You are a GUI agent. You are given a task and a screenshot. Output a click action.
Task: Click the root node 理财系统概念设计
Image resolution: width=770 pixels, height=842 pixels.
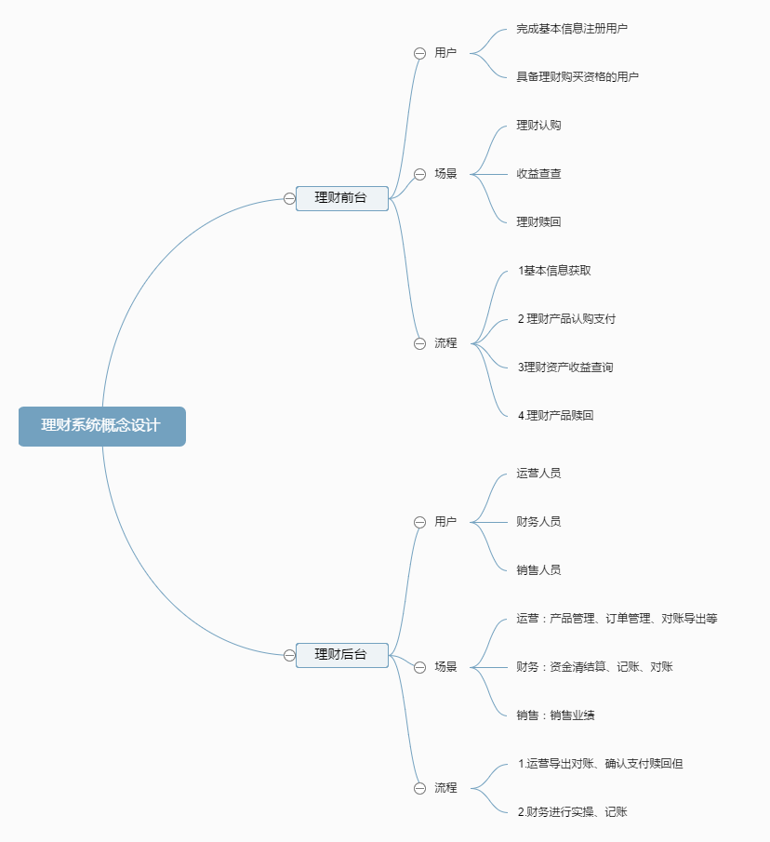click(101, 426)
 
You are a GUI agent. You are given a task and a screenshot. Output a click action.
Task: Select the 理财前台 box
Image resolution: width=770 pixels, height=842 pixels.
click(341, 198)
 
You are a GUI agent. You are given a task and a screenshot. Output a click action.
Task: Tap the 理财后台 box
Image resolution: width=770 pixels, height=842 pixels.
click(341, 655)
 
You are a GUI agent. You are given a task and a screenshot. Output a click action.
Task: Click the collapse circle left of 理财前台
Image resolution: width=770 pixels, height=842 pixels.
click(289, 198)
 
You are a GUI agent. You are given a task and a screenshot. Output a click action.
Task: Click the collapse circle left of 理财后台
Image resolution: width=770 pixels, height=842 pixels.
click(289, 655)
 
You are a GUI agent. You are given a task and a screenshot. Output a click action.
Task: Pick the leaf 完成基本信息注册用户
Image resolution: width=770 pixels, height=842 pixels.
click(572, 29)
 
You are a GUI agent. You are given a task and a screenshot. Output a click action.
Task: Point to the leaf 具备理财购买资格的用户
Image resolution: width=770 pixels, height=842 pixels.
click(577, 77)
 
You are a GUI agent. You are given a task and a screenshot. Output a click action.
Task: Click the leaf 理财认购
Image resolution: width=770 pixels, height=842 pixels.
click(538, 126)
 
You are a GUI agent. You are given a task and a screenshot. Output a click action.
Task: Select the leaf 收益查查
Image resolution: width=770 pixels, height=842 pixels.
click(538, 174)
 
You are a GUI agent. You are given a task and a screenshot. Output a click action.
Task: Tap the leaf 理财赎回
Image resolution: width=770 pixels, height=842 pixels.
click(538, 222)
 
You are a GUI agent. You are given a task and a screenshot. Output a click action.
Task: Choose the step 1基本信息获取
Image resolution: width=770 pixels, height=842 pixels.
click(554, 271)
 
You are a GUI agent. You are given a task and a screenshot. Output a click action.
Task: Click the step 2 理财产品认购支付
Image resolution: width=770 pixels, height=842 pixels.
click(566, 319)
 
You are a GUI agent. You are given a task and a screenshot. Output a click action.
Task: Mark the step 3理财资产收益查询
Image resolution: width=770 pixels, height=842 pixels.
click(565, 368)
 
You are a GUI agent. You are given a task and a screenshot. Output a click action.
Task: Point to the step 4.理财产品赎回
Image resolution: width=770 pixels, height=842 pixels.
click(555, 416)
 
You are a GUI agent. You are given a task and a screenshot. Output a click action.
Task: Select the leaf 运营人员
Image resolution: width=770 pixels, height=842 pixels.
click(538, 474)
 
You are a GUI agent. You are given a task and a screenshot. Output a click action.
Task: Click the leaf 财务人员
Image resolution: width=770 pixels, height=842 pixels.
click(538, 522)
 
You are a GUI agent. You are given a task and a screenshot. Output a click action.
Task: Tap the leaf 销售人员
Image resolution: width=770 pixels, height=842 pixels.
click(538, 570)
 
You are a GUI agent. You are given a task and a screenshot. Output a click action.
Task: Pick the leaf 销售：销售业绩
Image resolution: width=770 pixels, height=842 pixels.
click(555, 715)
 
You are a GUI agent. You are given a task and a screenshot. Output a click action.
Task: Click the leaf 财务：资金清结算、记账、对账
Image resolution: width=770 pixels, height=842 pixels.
click(594, 667)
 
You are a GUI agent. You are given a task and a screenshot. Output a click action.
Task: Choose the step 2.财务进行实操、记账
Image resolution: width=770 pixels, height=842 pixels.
click(572, 812)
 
